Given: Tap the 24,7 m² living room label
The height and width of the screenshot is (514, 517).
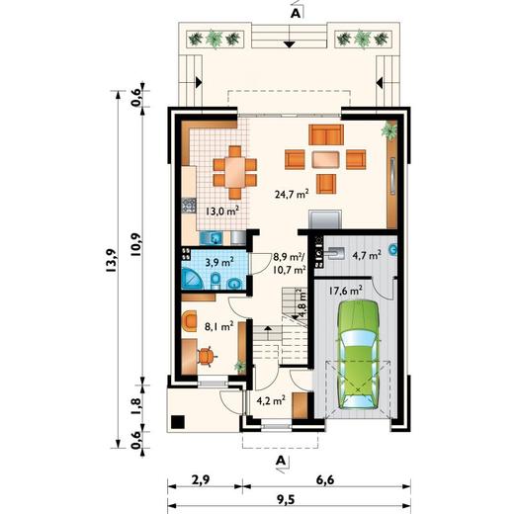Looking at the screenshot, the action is pos(292,194).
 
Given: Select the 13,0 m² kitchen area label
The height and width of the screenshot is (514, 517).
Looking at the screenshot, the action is pos(222,211).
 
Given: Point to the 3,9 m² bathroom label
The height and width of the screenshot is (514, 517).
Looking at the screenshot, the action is pos(219,262).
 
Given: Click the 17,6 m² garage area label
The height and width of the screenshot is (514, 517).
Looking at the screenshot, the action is pos(346,291).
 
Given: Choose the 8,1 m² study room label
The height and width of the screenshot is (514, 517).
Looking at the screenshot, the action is pos(218,326).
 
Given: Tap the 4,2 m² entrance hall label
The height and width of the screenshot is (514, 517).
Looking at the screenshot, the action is pos(271,400).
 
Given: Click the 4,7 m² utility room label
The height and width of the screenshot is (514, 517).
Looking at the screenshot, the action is pos(367,254).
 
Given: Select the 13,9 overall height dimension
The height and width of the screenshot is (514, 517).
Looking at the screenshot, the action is pos(111,261).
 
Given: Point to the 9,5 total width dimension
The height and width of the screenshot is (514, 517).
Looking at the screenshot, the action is pos(289,500).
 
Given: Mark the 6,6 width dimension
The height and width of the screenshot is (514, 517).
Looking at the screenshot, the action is pos(326,480).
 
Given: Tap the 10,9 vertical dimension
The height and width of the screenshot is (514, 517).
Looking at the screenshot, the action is pos(135,244).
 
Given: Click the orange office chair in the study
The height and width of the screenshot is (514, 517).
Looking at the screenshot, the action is pos(207,357).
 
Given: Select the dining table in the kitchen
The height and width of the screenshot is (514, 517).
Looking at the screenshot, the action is pos(234,172).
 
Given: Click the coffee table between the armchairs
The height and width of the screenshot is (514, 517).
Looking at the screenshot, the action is pos(326,159).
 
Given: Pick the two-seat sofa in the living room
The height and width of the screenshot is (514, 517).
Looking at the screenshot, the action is pos(326,134).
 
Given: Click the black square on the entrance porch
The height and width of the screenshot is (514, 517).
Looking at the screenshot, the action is pos(178,422).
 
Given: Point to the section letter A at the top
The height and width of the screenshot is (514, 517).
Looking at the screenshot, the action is pos(296,12).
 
